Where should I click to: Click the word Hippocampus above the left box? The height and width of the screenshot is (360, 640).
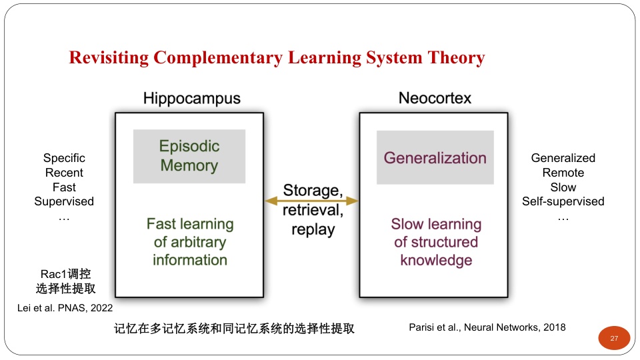[192, 99]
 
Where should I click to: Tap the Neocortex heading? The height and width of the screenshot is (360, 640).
[435, 98]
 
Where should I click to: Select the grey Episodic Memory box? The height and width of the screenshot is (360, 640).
[189, 156]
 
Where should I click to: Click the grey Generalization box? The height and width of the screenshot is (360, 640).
[435, 157]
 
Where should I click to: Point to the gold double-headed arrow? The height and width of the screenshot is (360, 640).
[312, 201]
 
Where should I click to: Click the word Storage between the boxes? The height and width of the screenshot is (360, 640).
[313, 190]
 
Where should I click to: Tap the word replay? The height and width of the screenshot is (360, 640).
[313, 230]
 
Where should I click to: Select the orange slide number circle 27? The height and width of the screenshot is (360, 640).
[614, 338]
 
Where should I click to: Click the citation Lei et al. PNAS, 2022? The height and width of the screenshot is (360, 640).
[65, 308]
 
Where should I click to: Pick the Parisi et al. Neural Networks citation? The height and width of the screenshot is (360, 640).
[487, 327]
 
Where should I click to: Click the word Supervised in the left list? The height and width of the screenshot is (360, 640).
[64, 201]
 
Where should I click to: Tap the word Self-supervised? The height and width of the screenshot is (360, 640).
[563, 201]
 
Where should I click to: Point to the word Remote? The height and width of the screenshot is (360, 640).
[563, 173]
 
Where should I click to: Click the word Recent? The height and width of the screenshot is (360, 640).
[64, 173]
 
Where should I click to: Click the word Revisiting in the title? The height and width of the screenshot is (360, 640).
[109, 57]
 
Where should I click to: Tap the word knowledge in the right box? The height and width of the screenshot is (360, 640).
[436, 261]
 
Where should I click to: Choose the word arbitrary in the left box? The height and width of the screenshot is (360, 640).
[199, 243]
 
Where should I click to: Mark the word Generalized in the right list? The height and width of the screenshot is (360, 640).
[563, 158]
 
